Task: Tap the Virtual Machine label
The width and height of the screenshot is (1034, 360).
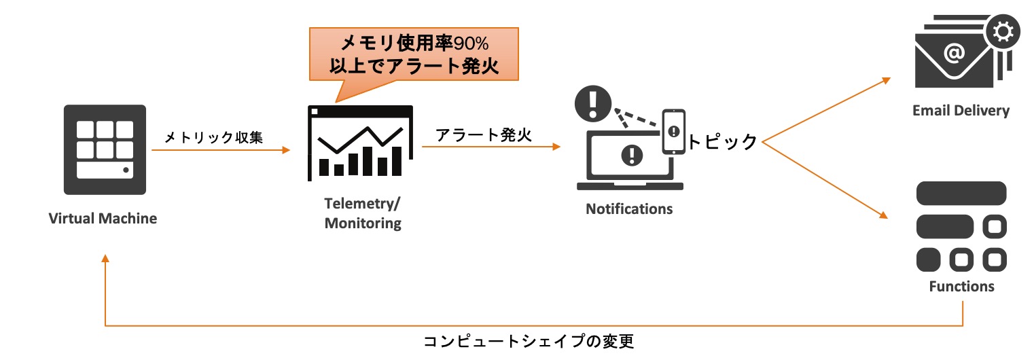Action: [103, 219]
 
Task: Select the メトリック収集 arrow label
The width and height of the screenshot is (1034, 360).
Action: [214, 138]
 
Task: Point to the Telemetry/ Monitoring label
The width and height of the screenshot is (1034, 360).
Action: [363, 213]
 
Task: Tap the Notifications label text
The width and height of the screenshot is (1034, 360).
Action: [629, 209]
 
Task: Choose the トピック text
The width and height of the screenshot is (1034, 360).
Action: [721, 141]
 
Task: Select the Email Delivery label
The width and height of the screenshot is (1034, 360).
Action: [961, 111]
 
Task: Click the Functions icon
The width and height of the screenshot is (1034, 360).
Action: [961, 226]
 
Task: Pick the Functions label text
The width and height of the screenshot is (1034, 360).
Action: [961, 287]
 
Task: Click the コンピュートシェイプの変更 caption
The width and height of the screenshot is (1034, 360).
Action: [529, 341]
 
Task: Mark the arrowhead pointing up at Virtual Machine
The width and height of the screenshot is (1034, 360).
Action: [105, 260]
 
